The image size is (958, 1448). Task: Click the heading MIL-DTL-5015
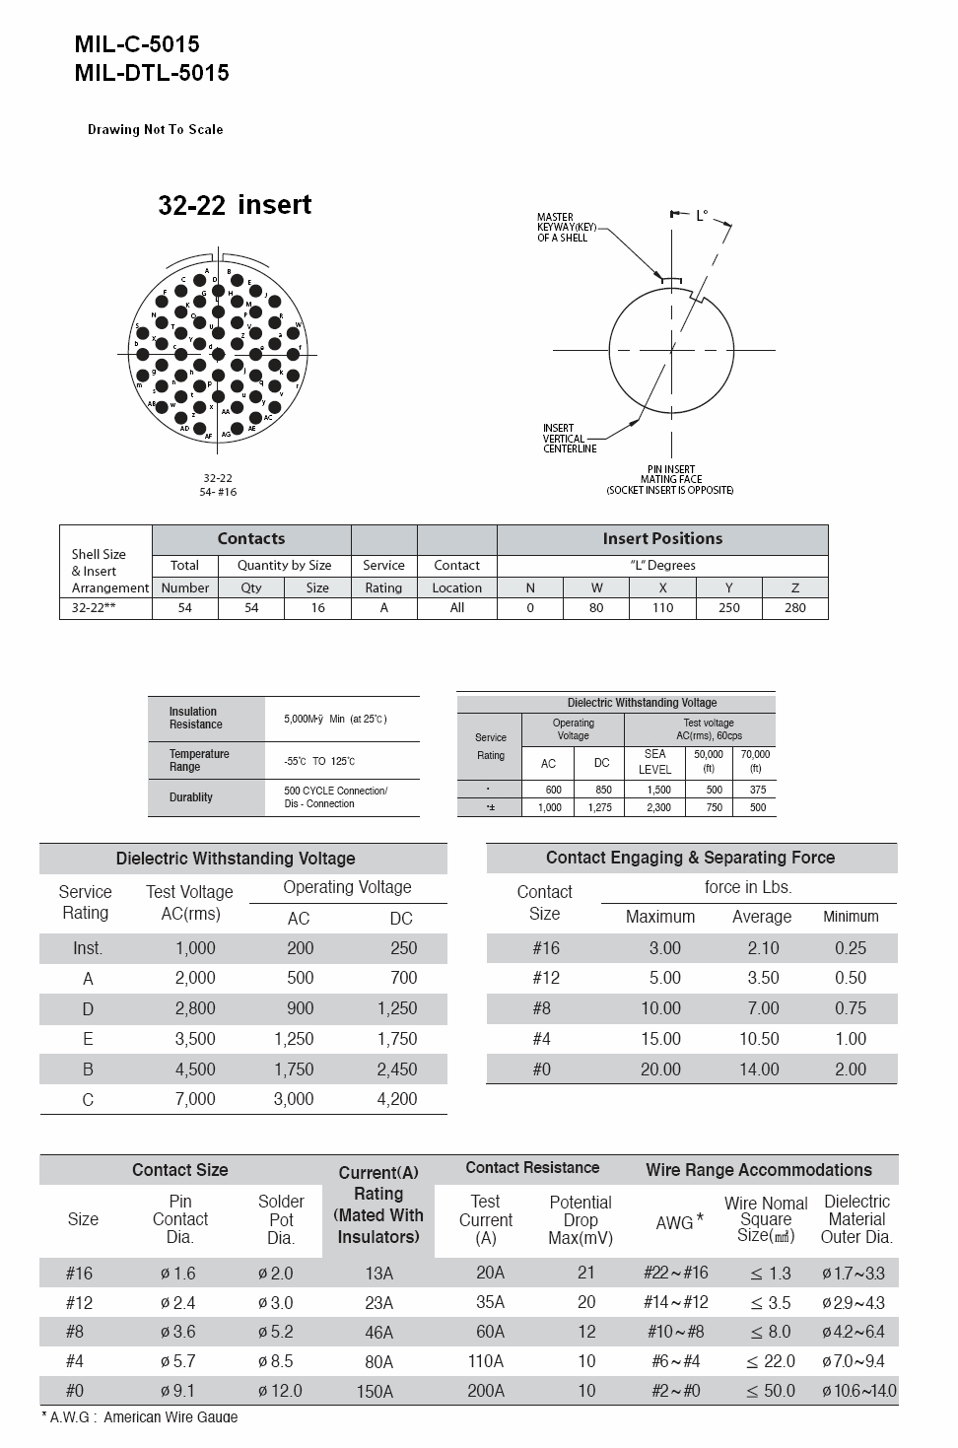(152, 73)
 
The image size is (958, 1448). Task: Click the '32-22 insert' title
(235, 205)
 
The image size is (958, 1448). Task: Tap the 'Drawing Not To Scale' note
(155, 129)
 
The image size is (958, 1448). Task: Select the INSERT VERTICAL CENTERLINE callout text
(570, 439)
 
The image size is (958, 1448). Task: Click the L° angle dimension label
(702, 215)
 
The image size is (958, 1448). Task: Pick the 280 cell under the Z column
(794, 607)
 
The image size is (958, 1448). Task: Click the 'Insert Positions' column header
(662, 538)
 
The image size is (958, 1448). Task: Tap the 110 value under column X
(662, 607)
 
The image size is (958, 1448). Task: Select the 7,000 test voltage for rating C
(195, 1099)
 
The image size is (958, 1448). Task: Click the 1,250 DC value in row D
(397, 1008)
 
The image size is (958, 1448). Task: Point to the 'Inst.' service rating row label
(88, 948)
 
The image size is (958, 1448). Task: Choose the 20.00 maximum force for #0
(660, 1069)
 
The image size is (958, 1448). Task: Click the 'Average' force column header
(761, 917)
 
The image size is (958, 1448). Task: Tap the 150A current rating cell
(378, 1392)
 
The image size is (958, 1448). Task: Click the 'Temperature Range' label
(199, 760)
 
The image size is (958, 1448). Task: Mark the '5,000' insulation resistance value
(298, 720)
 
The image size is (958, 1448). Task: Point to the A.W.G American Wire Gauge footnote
(139, 1417)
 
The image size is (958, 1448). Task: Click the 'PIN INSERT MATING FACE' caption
(670, 479)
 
